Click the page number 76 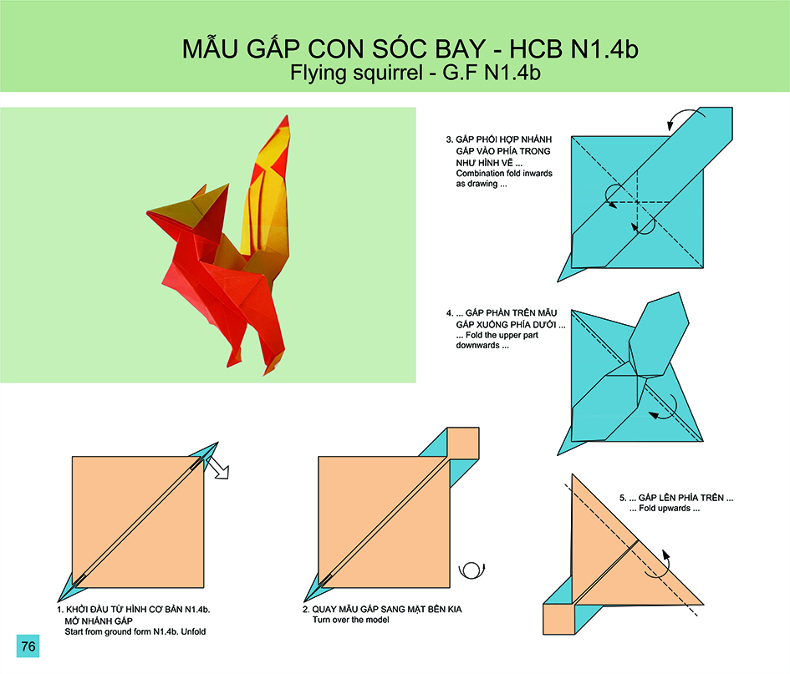[x=28, y=646]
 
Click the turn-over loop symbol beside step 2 [x=471, y=570]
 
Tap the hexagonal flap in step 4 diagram [x=659, y=335]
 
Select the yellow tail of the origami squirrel [x=267, y=196]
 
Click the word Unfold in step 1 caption [x=193, y=631]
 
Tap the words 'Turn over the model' [x=350, y=620]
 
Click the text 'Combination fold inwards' [x=504, y=173]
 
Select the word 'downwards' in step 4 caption [x=477, y=345]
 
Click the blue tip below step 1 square [x=68, y=590]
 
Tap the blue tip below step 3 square [x=568, y=269]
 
